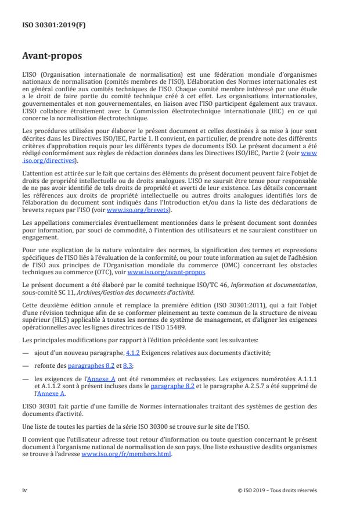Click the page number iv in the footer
24,490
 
